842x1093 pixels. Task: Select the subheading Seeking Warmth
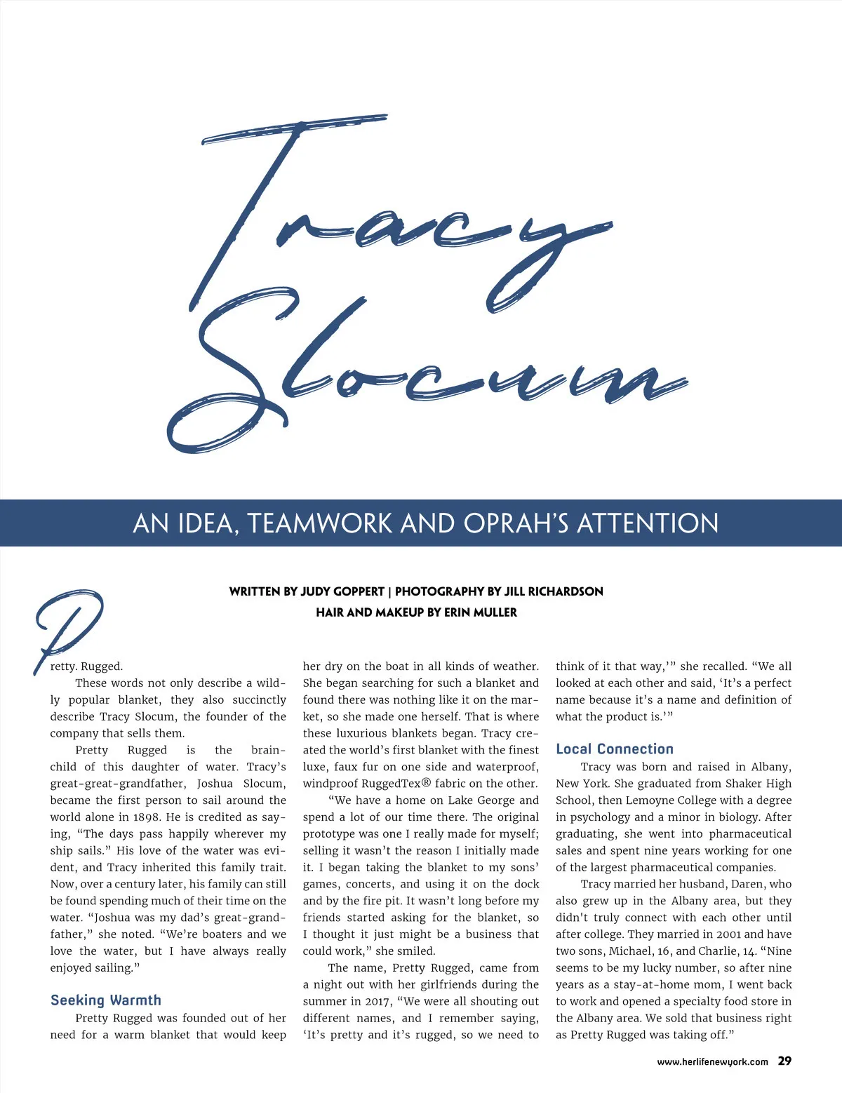[106, 1000]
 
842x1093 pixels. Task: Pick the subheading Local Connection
[615, 749]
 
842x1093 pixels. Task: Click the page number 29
[784, 1061]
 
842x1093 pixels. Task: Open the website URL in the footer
[712, 1062]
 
